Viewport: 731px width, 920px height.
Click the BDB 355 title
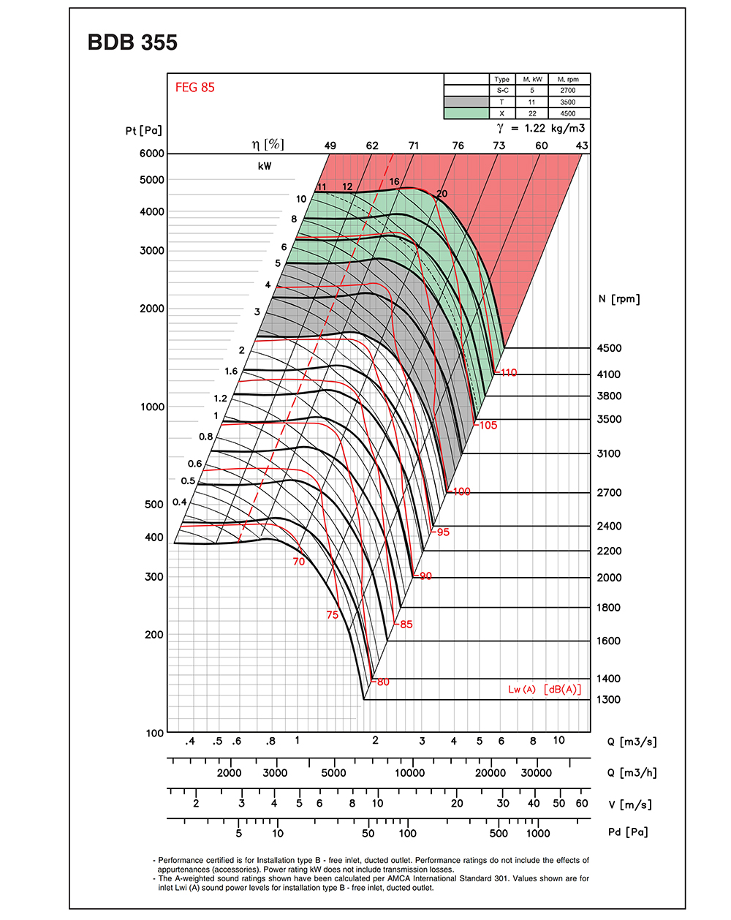132,42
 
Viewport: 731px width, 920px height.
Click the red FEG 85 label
194,87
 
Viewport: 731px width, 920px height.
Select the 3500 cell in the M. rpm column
567,102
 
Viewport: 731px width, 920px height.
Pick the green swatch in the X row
466,113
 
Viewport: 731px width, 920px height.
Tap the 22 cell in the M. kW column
531,113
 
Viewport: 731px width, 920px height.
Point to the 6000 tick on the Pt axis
152,154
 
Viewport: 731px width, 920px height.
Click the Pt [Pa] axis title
143,130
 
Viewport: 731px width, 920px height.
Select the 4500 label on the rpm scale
609,348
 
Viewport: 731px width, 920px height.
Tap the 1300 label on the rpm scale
609,699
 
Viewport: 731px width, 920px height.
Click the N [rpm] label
618,298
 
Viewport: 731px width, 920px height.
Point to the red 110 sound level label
508,372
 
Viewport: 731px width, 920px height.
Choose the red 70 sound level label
298,562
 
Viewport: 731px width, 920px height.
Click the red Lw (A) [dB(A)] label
545,690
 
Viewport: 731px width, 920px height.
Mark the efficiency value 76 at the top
458,146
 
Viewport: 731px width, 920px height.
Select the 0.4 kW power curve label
179,502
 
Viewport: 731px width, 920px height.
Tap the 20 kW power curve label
442,194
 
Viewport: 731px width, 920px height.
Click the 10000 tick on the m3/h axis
409,773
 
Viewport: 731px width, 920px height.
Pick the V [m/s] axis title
629,804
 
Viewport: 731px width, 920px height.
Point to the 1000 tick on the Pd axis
538,833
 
